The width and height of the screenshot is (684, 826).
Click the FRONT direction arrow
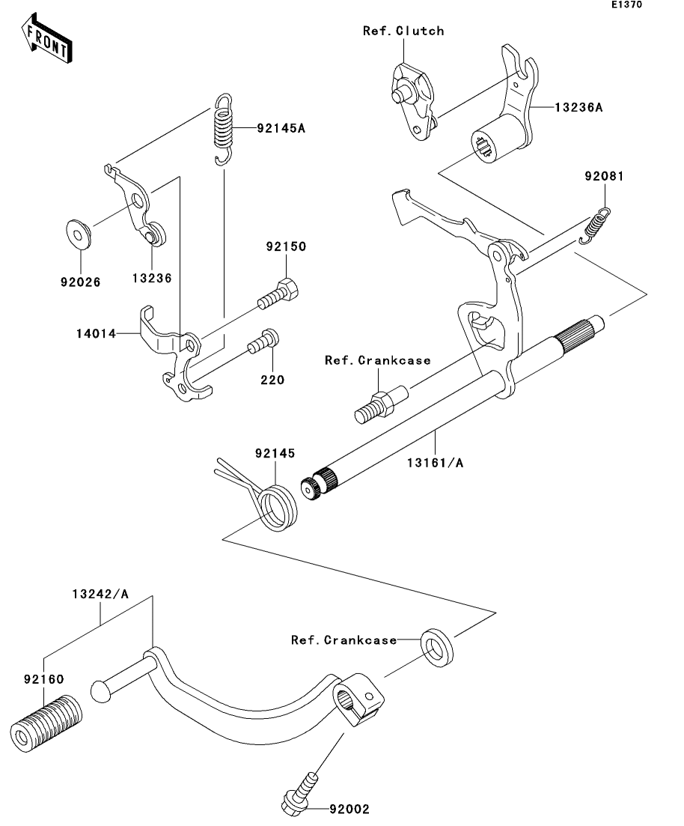click(47, 38)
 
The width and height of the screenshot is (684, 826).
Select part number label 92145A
click(281, 128)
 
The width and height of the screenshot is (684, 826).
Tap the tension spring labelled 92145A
click(224, 129)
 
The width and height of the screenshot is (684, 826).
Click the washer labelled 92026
click(79, 234)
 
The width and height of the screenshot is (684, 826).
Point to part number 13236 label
click(152, 278)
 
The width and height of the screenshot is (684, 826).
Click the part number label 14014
click(96, 333)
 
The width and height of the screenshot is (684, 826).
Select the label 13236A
click(578, 108)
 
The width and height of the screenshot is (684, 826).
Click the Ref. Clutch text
click(403, 31)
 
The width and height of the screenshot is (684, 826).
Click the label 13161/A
click(435, 463)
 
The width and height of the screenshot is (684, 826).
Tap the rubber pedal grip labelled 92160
click(46, 723)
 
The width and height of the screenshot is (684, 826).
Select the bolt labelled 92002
click(300, 794)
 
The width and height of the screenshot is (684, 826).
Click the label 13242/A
click(100, 594)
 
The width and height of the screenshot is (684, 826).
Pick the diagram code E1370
click(626, 4)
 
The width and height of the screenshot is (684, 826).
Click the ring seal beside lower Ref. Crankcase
click(436, 648)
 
